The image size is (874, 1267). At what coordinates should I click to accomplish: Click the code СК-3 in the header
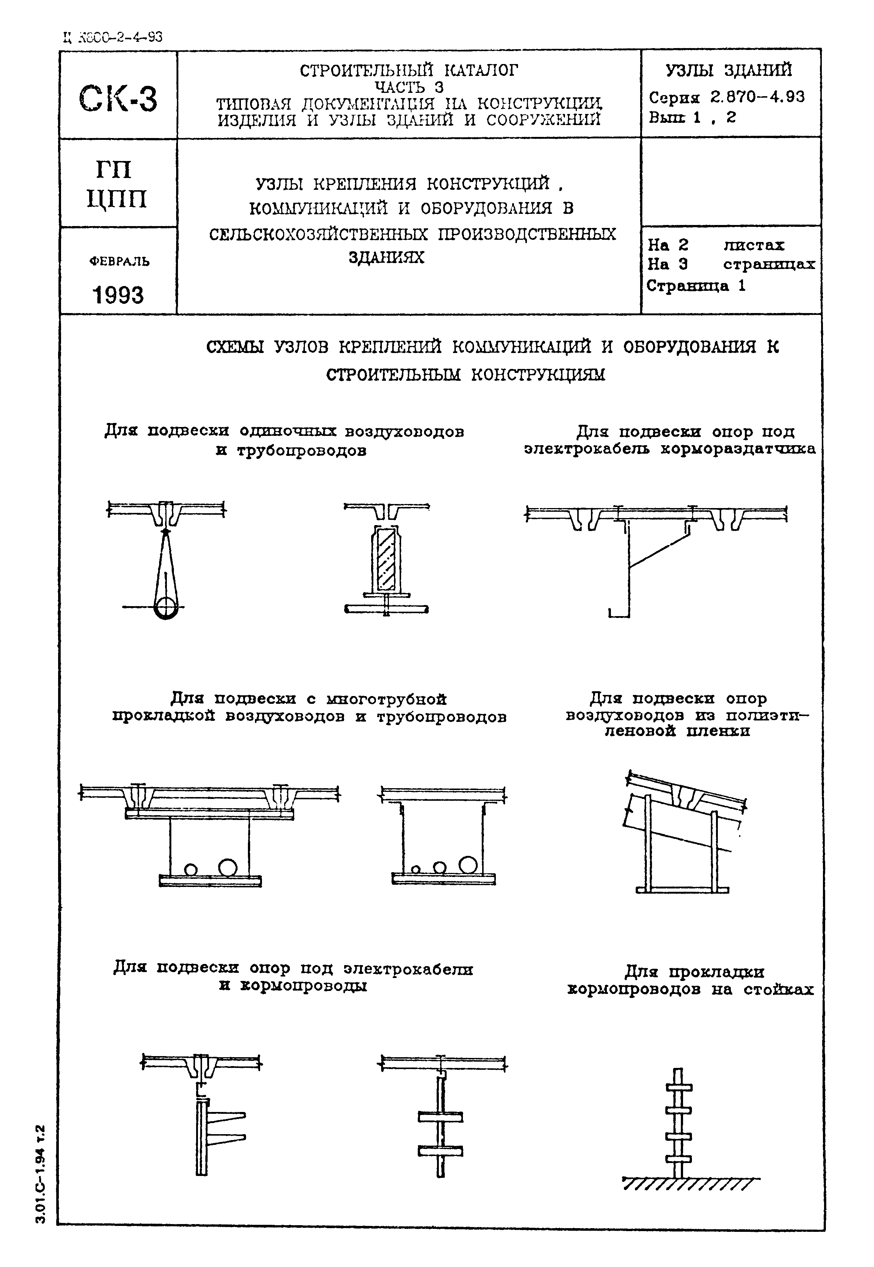tap(118, 98)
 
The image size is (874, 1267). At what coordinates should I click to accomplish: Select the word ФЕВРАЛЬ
tap(119, 262)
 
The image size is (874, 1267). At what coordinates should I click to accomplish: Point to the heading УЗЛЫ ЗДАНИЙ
tap(729, 70)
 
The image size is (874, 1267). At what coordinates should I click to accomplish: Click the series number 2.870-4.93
tap(757, 97)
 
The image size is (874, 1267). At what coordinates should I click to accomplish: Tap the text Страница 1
tap(696, 286)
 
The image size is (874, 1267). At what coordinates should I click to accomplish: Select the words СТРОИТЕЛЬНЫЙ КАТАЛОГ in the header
tap(408, 70)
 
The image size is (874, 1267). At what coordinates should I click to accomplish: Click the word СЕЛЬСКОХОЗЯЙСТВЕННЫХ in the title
tap(322, 234)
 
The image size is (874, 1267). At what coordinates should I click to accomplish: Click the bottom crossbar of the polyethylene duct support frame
tap(682, 890)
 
